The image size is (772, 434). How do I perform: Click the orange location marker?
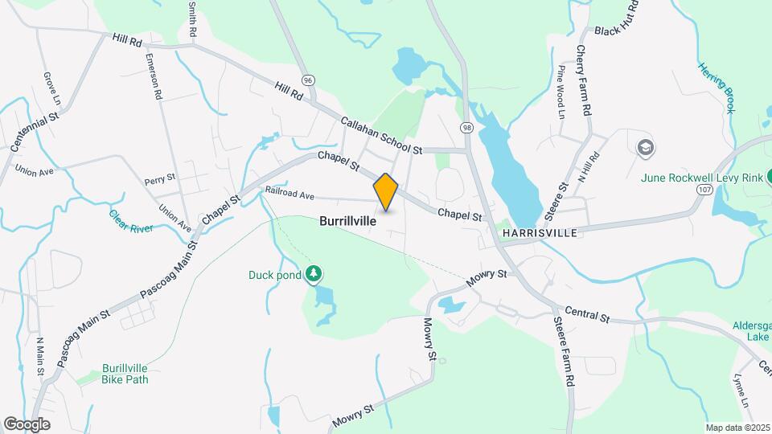pos(386,192)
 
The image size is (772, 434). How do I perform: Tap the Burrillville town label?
pos(347,220)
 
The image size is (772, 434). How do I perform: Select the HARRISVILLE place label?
pos(540,233)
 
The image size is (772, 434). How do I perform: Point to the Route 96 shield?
pos(307,80)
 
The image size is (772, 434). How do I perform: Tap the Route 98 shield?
pos(466,128)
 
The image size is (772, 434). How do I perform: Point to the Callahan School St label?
pos(381,135)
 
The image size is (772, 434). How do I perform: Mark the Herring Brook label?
pos(716,88)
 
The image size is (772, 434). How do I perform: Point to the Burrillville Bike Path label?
pos(125,375)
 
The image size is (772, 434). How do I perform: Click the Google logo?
pos(27,424)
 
